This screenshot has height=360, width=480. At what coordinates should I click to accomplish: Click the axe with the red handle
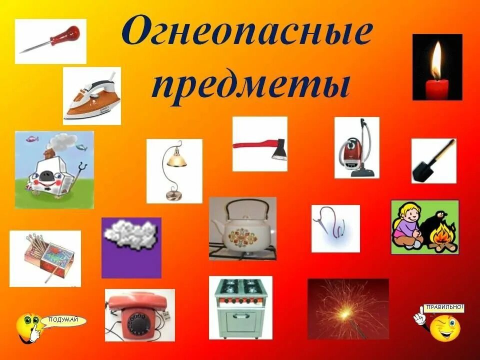coord(260,146)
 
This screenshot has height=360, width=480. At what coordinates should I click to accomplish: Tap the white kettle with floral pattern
coord(242,231)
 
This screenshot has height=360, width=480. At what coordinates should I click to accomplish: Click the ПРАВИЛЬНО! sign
coord(444,307)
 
